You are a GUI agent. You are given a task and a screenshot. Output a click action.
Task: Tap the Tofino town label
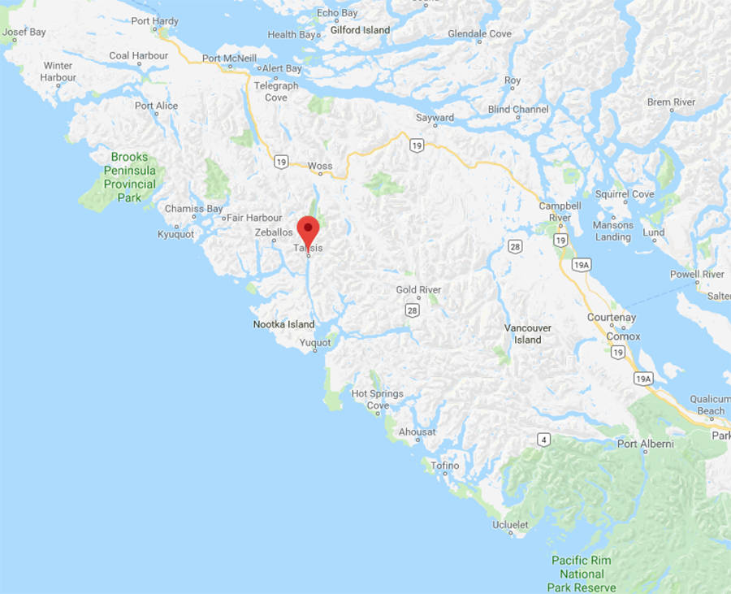pos(444,466)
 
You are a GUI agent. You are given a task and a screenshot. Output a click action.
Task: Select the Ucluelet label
pos(510,525)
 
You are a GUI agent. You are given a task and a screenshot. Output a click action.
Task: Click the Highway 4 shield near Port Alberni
pos(543,440)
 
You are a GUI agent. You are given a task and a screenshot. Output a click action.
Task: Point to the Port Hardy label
pos(154,20)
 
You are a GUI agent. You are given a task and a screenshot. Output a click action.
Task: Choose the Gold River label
pos(418,290)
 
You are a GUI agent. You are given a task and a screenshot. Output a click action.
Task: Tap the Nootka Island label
pos(283,324)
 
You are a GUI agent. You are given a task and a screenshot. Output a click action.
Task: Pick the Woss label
pos(320,166)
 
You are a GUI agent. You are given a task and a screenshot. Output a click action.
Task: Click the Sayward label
pos(435,118)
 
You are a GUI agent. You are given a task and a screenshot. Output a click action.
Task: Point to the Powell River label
pos(697,275)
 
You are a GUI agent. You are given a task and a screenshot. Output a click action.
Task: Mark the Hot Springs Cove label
pos(377,399)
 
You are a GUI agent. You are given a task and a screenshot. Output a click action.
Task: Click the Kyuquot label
pos(175,235)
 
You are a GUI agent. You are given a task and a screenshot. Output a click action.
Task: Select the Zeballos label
pos(273,232)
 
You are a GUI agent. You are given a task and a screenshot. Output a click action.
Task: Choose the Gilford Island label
pos(360,30)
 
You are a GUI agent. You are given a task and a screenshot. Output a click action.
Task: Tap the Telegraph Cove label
pos(276,91)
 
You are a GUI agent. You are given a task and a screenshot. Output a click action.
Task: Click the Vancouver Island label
pos(528,333)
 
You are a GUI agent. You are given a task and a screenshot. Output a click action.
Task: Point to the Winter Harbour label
pos(58,72)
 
